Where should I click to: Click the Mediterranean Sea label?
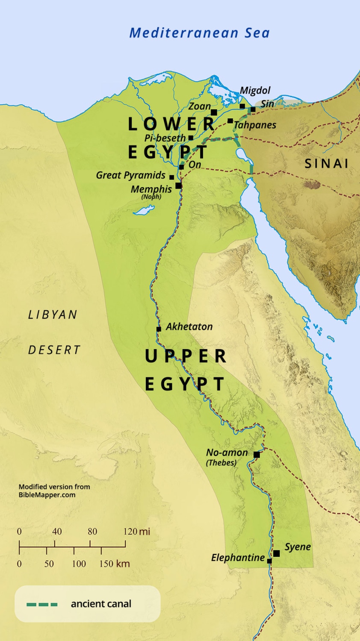tap(199, 33)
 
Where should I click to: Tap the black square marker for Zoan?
tap(214, 112)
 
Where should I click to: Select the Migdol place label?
tap(255, 90)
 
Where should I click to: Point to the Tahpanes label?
tap(255, 125)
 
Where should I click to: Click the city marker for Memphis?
tap(178, 185)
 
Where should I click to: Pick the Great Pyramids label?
tap(130, 175)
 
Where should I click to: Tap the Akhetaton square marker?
tap(159, 329)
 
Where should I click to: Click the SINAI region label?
tap(326, 163)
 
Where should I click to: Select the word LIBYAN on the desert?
tap(53, 315)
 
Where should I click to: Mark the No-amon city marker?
tap(257, 455)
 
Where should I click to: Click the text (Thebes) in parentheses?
tap(221, 463)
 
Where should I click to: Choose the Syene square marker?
tap(276, 553)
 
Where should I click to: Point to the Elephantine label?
tap(238, 558)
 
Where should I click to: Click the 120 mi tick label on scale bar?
tap(136, 532)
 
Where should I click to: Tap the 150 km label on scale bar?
tap(114, 564)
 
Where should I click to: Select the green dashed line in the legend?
tap(42, 604)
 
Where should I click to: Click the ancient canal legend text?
tap(101, 604)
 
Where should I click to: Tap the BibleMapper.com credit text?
tap(47, 495)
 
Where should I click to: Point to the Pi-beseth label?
tap(165, 138)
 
